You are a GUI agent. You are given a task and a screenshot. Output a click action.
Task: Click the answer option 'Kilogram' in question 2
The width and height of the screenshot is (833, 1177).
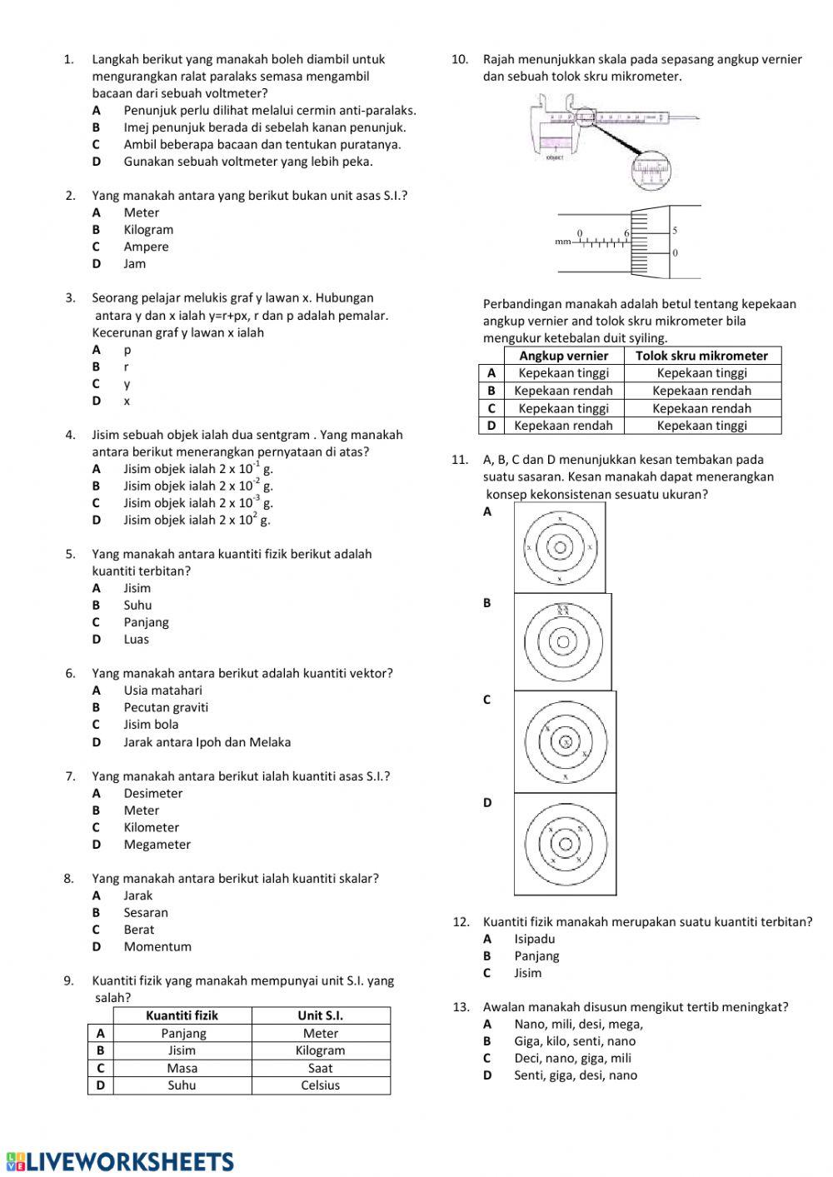point(148,230)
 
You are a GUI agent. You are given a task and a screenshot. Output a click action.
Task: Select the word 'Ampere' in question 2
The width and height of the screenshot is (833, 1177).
point(146,247)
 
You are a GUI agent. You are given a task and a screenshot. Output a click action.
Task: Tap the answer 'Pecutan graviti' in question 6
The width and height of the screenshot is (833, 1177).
point(166,707)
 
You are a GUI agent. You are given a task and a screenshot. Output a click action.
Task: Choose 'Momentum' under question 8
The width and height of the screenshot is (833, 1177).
point(157,946)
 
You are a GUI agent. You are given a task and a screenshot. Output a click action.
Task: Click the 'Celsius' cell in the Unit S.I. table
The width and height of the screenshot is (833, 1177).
point(320,1085)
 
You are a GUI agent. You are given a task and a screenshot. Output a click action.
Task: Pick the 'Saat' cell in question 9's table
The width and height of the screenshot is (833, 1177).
point(320,1068)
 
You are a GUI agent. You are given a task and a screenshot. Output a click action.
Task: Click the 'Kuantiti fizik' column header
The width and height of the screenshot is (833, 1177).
point(182,1015)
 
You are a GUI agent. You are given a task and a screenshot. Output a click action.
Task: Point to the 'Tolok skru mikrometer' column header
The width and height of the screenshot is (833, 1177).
point(701,356)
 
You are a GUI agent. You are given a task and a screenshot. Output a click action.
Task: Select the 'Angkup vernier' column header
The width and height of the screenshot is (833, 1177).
point(563,356)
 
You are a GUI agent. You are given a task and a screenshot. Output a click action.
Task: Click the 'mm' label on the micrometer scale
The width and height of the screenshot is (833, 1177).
point(563,242)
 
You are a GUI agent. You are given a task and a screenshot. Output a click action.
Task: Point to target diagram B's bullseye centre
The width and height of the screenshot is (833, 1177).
point(563,642)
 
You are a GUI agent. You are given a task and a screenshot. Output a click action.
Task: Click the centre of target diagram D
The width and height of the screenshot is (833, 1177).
point(566,844)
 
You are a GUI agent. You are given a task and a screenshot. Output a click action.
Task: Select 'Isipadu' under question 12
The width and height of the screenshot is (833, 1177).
point(534,939)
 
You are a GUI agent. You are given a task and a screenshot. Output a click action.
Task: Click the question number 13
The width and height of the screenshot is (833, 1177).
point(461,1007)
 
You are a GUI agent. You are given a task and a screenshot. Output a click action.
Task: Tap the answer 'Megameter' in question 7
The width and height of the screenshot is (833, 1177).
point(157,844)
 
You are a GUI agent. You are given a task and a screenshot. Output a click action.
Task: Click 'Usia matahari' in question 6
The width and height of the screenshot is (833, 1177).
point(162,690)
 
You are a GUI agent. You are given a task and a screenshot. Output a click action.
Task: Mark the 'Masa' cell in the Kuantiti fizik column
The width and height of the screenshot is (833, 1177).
point(182,1068)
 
